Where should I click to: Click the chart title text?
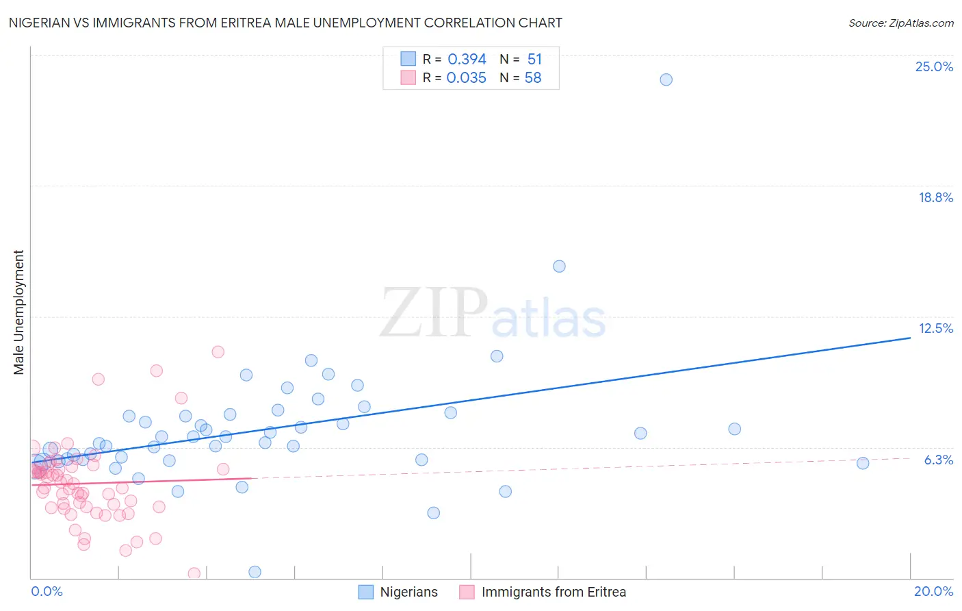click(x=285, y=23)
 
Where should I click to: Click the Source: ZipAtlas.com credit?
click(x=900, y=23)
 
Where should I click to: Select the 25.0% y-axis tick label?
click(x=934, y=66)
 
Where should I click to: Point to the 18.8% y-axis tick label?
click(x=935, y=197)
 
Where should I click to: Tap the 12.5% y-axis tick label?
click(x=935, y=328)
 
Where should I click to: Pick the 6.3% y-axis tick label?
click(x=938, y=460)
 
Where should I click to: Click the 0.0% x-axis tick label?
click(x=47, y=591)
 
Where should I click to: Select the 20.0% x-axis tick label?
click(x=933, y=591)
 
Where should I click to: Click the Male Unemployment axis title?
click(x=18, y=312)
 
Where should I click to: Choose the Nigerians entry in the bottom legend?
click(x=408, y=592)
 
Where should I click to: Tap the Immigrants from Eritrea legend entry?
click(x=554, y=592)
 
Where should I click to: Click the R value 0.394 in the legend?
click(x=467, y=60)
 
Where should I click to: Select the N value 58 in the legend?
click(x=533, y=78)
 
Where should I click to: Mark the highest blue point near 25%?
click(x=666, y=79)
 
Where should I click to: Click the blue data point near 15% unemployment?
click(x=559, y=266)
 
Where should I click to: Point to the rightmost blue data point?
click(x=863, y=463)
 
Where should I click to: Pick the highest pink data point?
click(x=218, y=352)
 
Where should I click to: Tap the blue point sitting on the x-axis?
click(x=255, y=572)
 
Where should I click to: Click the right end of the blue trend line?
click(x=910, y=338)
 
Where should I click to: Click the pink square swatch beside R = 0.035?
click(x=408, y=77)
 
